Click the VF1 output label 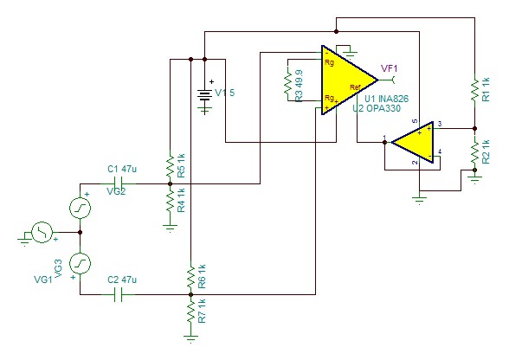pos(390,68)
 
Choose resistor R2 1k pos(474,153)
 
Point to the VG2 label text pos(116,192)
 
